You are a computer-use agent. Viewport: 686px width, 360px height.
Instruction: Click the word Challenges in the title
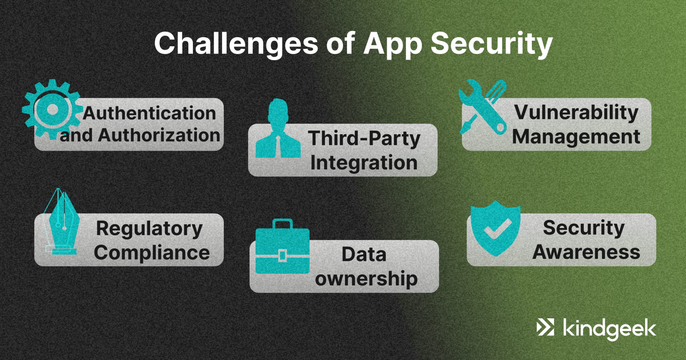236,44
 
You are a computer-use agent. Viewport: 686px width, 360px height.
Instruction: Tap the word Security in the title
491,44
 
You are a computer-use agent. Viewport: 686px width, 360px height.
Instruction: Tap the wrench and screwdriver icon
483,107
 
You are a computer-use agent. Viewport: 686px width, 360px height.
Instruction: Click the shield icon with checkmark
495,228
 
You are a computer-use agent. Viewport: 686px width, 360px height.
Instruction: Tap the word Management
576,137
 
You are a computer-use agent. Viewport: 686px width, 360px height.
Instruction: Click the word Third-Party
364,138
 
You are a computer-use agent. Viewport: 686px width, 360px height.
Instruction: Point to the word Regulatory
149,228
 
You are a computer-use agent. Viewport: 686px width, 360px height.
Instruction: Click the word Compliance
152,253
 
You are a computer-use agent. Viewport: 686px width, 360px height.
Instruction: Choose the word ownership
366,279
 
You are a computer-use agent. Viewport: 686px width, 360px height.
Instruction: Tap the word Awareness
586,252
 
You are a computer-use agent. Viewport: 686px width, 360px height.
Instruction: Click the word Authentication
149,113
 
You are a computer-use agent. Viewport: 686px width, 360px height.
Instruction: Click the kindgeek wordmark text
609,329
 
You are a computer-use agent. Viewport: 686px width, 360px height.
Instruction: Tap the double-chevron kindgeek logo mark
545,327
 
